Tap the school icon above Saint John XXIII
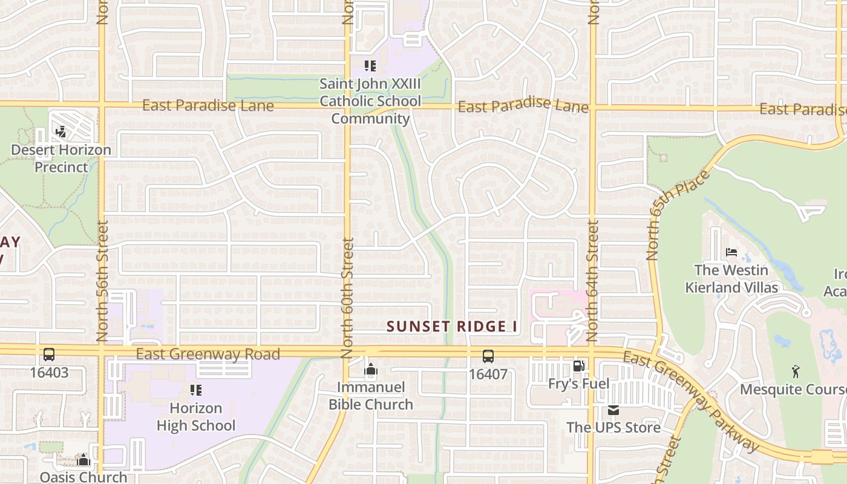[x=370, y=66]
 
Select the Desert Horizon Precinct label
[x=61, y=159]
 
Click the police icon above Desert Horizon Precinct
[x=60, y=131]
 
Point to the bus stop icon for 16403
[x=49, y=355]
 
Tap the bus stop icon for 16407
[x=488, y=356]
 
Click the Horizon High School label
[x=196, y=417]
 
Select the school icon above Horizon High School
[x=195, y=390]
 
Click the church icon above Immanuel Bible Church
[x=371, y=369]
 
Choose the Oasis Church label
[x=83, y=477]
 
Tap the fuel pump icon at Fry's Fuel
[x=579, y=366]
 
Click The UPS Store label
[x=613, y=427]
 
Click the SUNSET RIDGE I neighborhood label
[x=453, y=327]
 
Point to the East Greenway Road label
[x=208, y=354]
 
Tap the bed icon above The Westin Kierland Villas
[x=731, y=252]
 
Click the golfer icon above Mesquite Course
[x=796, y=371]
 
